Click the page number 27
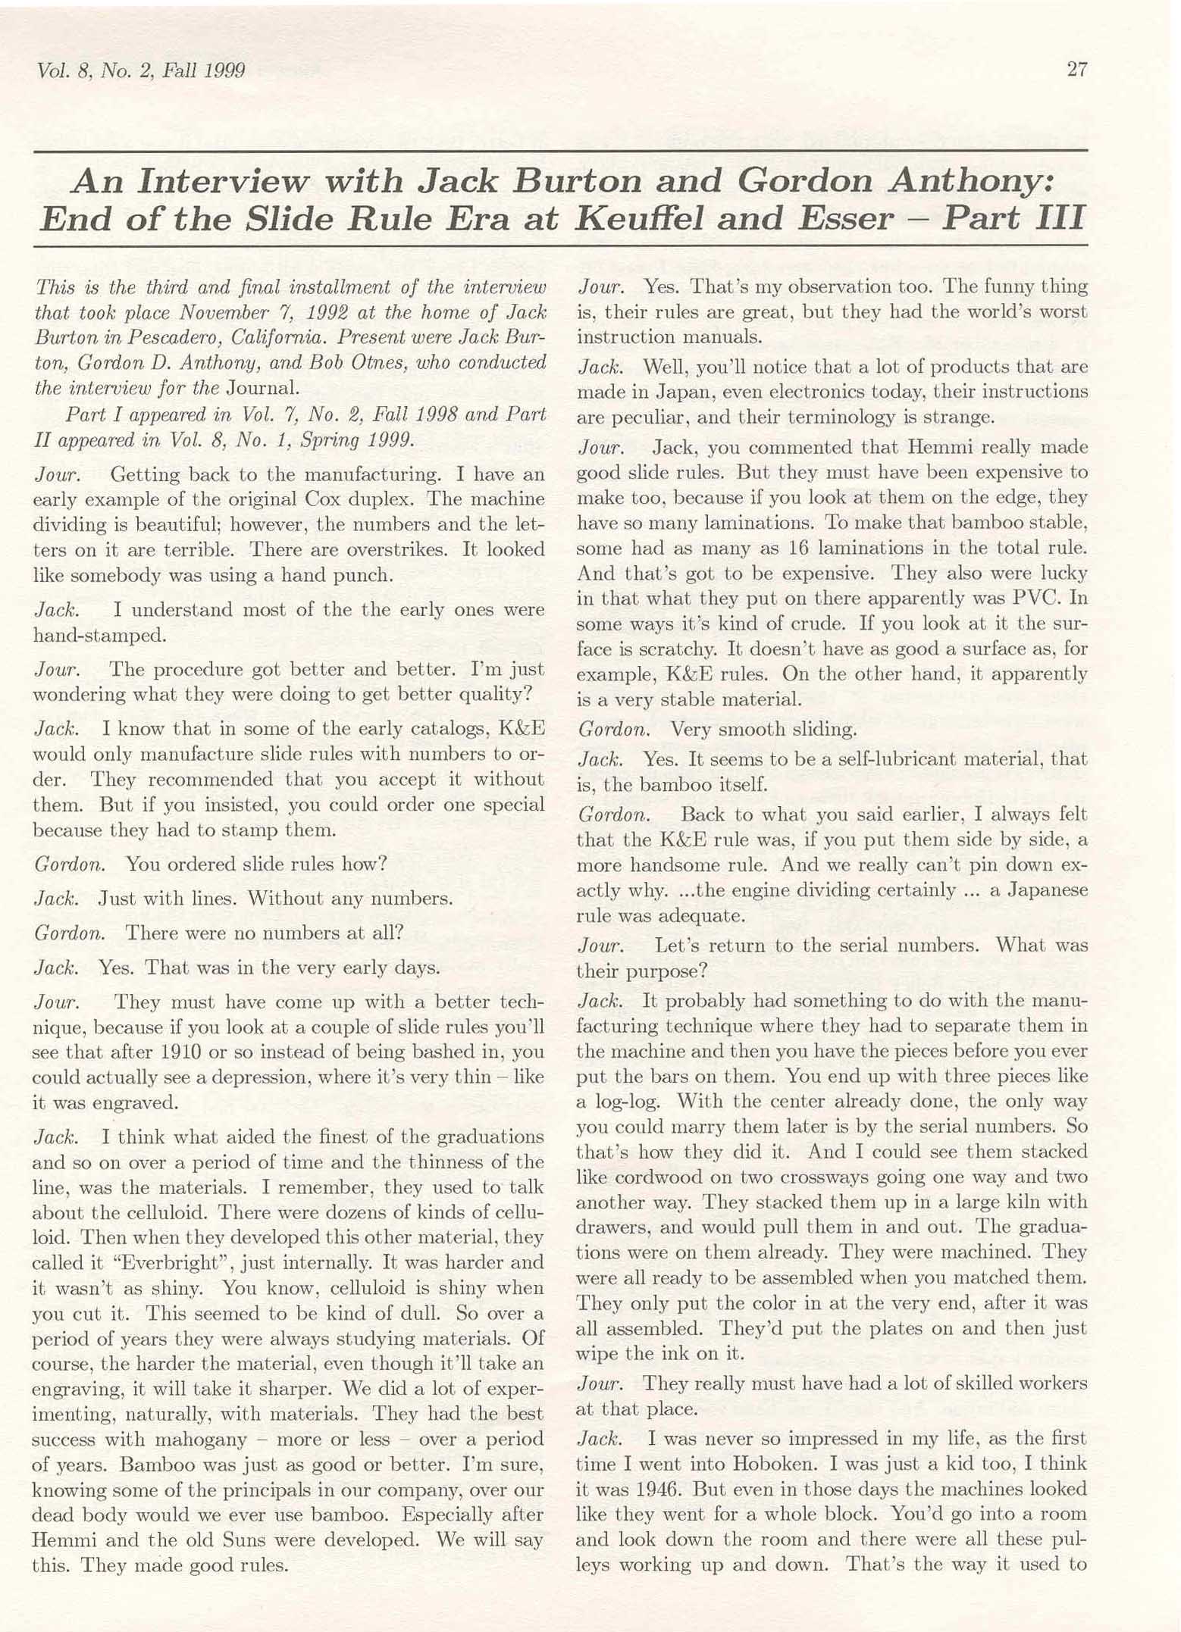coord(1076,70)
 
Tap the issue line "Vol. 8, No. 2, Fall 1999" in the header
coord(141,71)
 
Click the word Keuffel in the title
coord(641,219)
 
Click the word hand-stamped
coord(99,636)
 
